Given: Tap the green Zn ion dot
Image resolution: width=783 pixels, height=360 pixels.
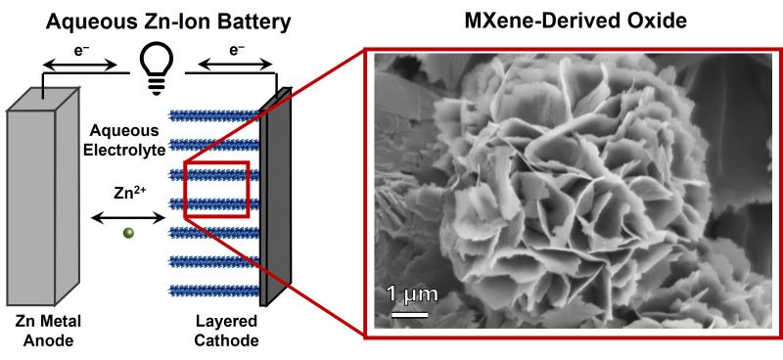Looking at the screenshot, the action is (127, 233).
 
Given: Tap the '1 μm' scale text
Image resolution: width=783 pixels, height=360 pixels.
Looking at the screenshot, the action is (410, 293).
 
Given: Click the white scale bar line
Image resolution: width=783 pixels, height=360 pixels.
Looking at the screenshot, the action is (410, 314).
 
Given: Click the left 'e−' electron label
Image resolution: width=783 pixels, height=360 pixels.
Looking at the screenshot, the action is (81, 47).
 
